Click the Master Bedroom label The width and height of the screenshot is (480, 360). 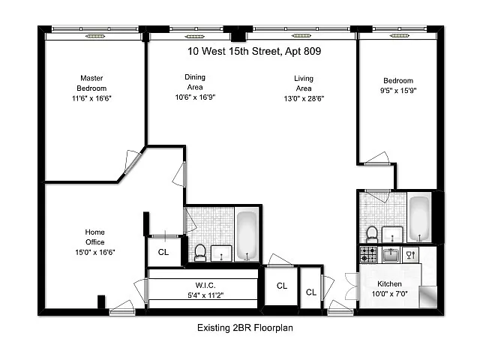click(91, 83)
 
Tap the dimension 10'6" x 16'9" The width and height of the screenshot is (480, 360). click(195, 97)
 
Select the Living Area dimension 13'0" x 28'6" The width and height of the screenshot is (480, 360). click(304, 98)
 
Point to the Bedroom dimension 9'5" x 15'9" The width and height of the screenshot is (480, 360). click(398, 91)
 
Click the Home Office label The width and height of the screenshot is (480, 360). click(95, 237)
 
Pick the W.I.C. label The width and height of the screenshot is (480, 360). click(205, 285)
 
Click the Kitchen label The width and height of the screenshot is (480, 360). click(389, 283)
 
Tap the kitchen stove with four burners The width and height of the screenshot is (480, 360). click(368, 254)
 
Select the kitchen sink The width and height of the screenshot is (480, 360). click(391, 255)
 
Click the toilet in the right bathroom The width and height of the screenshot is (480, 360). click(372, 234)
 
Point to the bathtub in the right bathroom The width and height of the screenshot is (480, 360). click(419, 217)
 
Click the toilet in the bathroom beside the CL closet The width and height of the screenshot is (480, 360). click(200, 253)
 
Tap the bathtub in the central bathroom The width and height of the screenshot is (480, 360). click(247, 235)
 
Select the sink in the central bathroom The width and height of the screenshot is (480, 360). click(221, 253)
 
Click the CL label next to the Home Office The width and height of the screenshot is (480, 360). click(163, 252)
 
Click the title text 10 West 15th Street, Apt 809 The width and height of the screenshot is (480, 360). click(254, 51)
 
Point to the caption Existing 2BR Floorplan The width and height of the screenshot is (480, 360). click(245, 328)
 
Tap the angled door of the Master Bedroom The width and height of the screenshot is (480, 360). click(133, 162)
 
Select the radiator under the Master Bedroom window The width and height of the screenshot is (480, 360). click(95, 37)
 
